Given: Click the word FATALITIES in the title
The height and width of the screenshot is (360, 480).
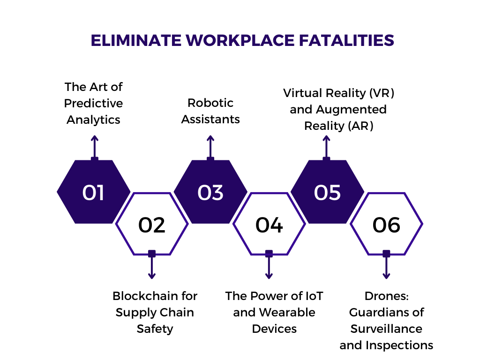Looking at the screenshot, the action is [346, 40].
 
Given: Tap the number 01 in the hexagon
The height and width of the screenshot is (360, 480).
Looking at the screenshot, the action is [93, 193].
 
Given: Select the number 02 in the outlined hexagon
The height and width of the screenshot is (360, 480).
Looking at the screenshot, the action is [152, 225].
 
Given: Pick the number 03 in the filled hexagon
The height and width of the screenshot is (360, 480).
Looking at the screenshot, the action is [210, 193].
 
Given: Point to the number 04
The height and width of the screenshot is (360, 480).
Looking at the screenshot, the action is [269, 225].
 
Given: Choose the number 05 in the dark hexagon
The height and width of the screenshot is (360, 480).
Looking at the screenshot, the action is [327, 193].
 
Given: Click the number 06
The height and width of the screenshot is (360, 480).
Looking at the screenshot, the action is [386, 225].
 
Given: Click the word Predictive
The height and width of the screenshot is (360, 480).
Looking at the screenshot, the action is [93, 104].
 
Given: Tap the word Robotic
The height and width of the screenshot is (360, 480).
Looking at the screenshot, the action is [210, 103].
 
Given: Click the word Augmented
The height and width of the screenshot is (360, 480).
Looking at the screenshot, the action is [351, 110].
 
